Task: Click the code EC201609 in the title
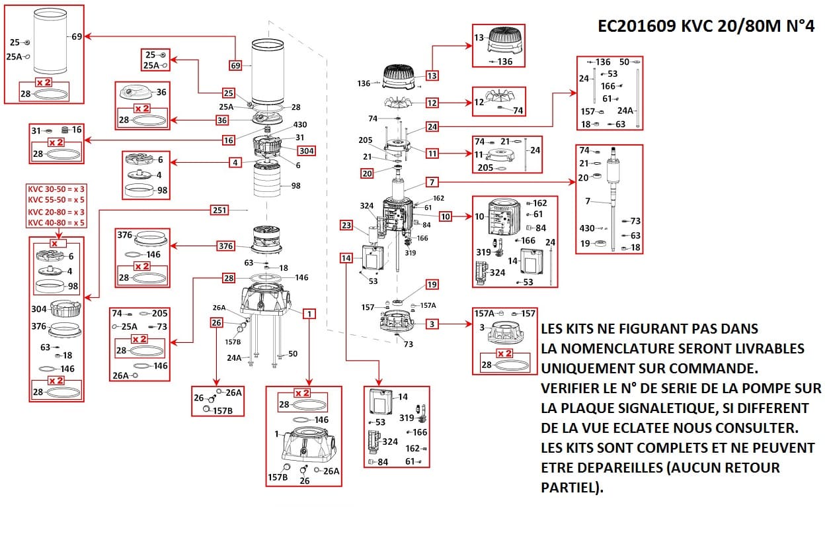point(637,26)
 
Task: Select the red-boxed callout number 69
point(236,66)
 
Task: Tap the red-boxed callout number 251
point(219,210)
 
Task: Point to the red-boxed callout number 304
point(307,151)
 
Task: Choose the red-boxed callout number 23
point(346,225)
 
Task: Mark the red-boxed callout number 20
point(367,173)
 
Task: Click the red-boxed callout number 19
point(432,285)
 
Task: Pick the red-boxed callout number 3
point(432,324)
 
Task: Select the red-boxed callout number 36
point(222,120)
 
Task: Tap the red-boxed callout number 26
point(216,323)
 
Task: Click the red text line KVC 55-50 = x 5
point(56,200)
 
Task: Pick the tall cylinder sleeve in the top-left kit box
point(50,42)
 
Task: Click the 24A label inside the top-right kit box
point(625,111)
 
